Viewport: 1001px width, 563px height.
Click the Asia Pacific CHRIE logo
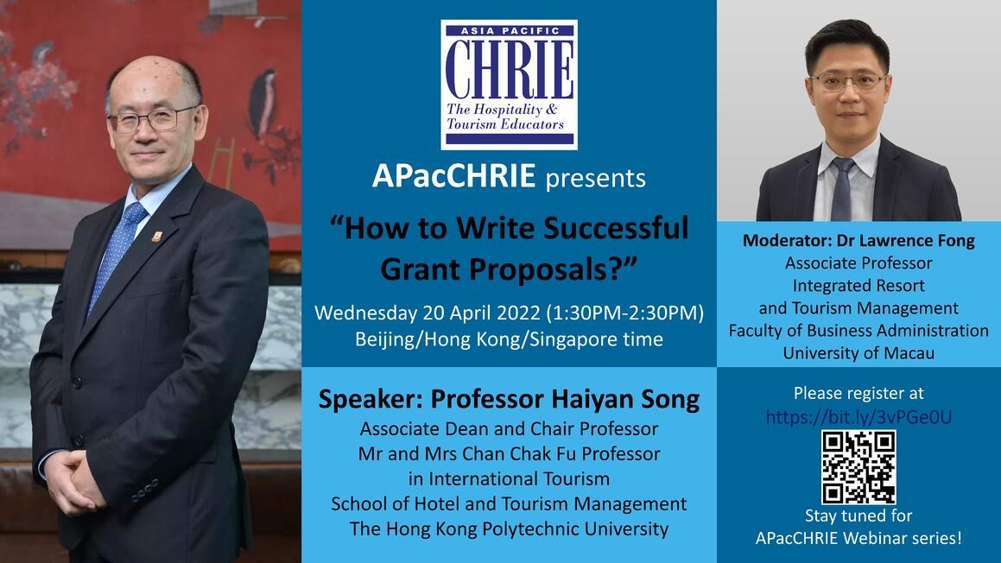(x=509, y=85)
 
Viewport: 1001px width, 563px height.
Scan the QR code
(x=858, y=467)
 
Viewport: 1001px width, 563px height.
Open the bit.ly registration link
(x=858, y=417)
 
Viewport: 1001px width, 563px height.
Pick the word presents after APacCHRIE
(x=596, y=178)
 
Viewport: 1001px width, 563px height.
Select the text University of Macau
(x=858, y=353)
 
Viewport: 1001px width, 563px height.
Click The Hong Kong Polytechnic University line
(x=509, y=529)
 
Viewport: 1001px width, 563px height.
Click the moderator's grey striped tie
(x=842, y=189)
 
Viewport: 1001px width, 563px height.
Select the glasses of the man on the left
(x=151, y=119)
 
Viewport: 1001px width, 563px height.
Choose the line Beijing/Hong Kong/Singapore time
(x=509, y=339)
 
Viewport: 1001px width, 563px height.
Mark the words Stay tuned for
(x=858, y=516)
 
